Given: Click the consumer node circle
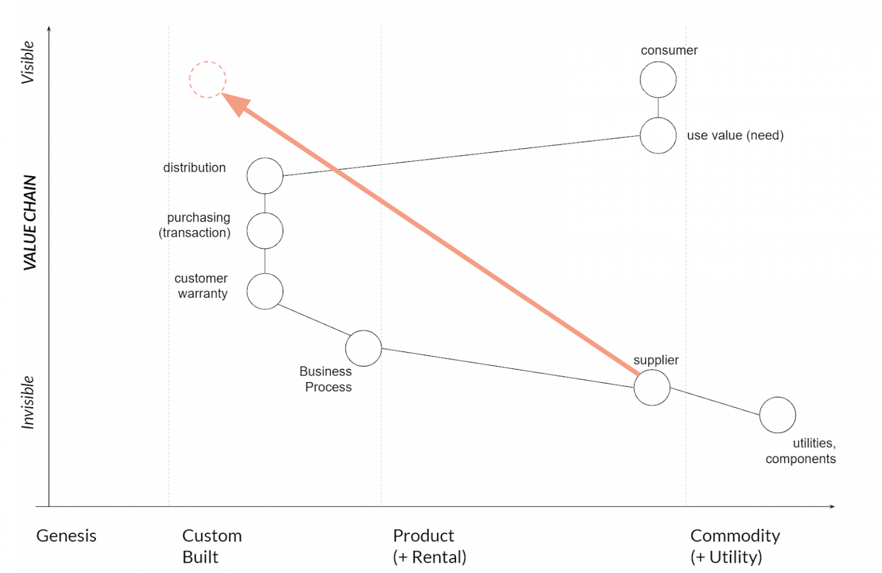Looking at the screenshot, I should click(658, 80).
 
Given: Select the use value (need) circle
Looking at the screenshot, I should click(658, 135).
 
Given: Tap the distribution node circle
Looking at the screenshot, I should click(265, 176).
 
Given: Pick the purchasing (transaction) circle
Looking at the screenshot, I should click(265, 231).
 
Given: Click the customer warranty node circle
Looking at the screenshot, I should click(265, 291).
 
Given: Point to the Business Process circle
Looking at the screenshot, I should click(363, 348).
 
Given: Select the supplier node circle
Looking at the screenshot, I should click(652, 388).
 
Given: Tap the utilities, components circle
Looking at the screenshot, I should click(777, 415).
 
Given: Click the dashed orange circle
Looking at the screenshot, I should click(207, 79).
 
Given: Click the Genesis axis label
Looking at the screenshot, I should click(66, 536).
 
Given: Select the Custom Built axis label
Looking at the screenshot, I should click(211, 546).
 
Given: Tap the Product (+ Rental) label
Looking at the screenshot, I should click(429, 546).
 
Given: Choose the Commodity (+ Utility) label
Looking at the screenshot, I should click(734, 546).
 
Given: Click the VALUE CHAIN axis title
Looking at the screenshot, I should click(30, 222).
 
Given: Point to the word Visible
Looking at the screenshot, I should click(28, 63).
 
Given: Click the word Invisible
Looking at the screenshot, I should click(28, 402).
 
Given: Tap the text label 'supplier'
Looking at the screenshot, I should click(656, 360).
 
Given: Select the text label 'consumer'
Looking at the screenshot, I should click(669, 51).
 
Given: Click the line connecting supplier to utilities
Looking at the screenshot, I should click(715, 401).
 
